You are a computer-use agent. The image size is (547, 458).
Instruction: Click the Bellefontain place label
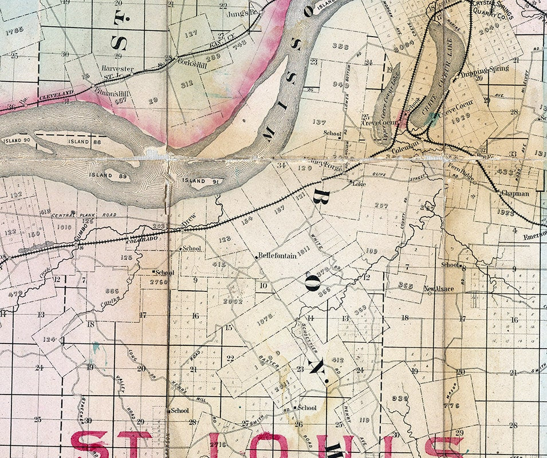[x=277, y=256]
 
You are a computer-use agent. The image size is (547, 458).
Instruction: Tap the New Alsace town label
[x=439, y=289]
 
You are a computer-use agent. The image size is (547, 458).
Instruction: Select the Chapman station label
[x=515, y=194]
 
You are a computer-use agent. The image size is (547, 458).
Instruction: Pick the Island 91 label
[x=193, y=181]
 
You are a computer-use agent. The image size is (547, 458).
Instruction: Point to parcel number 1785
[x=13, y=29]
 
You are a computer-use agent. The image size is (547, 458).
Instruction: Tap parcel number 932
[x=399, y=397]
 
